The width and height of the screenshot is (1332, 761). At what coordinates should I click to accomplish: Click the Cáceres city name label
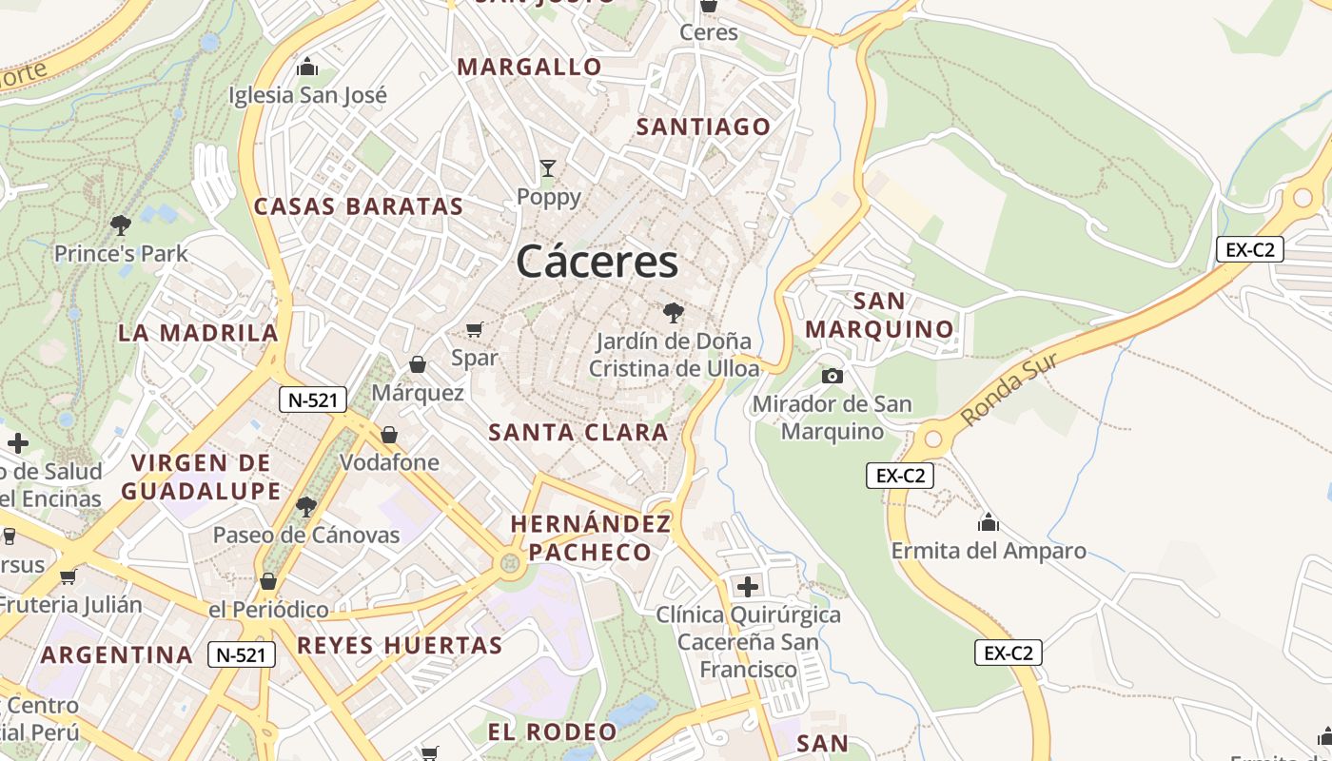coord(597,262)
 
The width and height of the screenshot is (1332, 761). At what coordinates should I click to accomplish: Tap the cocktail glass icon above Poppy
coord(548,169)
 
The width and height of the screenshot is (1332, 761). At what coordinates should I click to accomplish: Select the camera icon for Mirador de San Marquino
coord(832,376)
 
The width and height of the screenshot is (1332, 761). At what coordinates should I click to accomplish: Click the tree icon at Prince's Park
coord(120,225)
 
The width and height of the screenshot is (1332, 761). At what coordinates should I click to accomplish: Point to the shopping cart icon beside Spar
coord(474,330)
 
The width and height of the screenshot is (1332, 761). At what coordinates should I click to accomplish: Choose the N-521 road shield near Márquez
coord(312,400)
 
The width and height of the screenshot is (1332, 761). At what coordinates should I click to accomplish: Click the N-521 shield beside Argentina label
coord(242,654)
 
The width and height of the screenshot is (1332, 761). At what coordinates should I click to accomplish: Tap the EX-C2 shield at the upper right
coord(1250,250)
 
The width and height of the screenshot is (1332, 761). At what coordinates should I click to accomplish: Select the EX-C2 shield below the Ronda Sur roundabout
coord(899,476)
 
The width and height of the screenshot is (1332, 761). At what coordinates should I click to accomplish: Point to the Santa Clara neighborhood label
coord(578,433)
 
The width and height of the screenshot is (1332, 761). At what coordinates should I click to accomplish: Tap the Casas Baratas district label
coord(359,206)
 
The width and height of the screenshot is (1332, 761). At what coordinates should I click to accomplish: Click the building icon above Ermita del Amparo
coord(989,523)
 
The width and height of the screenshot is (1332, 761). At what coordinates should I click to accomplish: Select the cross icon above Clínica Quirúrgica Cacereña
coord(748,586)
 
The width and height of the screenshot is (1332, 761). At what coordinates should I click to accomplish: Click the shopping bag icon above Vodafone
coord(389,436)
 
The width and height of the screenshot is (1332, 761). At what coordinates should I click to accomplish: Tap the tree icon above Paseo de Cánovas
coord(305,507)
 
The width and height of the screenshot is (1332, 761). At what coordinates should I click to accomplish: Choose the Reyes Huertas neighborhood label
coord(400,646)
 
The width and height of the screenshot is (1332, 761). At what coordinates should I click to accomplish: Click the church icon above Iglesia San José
coord(307,68)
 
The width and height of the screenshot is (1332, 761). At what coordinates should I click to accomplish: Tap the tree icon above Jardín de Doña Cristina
coord(673,312)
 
